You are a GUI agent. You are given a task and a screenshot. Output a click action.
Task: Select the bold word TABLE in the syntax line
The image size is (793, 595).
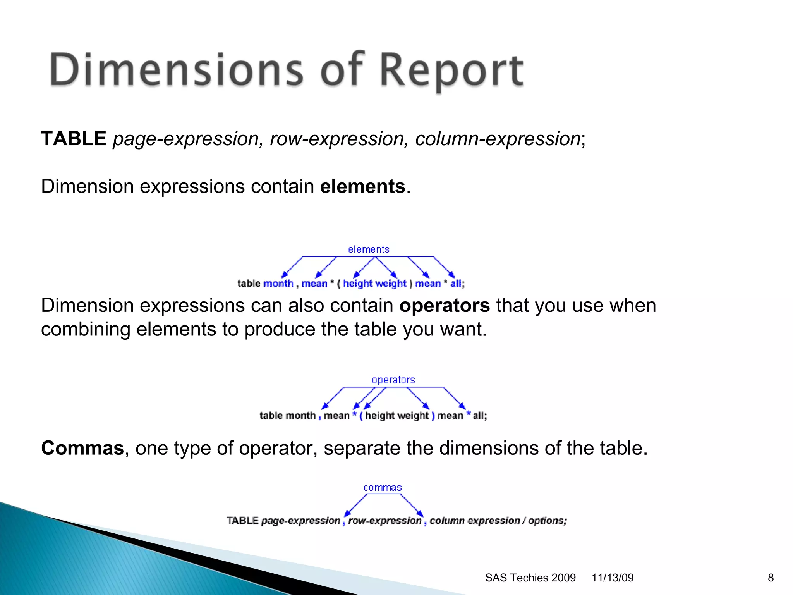[x=74, y=139]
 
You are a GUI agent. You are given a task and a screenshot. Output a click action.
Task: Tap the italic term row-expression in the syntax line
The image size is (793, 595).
[x=336, y=139]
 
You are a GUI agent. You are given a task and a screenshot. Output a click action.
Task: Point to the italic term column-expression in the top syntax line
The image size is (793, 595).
[x=498, y=139]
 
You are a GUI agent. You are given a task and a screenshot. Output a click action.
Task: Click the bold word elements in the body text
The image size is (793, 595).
[x=362, y=186]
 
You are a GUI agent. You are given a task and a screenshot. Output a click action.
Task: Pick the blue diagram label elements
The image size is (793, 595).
[x=369, y=249]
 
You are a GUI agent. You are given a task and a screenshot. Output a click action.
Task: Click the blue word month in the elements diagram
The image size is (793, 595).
[x=278, y=284]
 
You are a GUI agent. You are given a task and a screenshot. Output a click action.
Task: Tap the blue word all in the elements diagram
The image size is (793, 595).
[x=456, y=284]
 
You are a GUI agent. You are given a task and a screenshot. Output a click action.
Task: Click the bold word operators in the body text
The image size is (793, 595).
[x=445, y=305]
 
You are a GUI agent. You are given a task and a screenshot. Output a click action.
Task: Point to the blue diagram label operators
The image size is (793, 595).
[x=393, y=380]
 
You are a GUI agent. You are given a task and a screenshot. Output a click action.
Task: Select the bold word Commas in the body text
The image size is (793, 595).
[x=82, y=448]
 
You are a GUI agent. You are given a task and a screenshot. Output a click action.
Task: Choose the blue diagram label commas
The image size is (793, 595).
[x=383, y=488]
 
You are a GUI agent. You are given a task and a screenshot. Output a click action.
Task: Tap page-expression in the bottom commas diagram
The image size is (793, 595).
[x=300, y=521]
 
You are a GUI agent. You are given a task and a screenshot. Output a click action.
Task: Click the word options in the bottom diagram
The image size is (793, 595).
[x=547, y=521]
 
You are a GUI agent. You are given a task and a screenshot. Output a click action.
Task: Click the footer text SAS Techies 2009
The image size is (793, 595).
[x=530, y=578]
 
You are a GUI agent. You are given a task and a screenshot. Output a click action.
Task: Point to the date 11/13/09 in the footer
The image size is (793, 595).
[x=612, y=578]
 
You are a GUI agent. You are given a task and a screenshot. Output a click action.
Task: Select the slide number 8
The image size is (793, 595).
[x=771, y=578]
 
